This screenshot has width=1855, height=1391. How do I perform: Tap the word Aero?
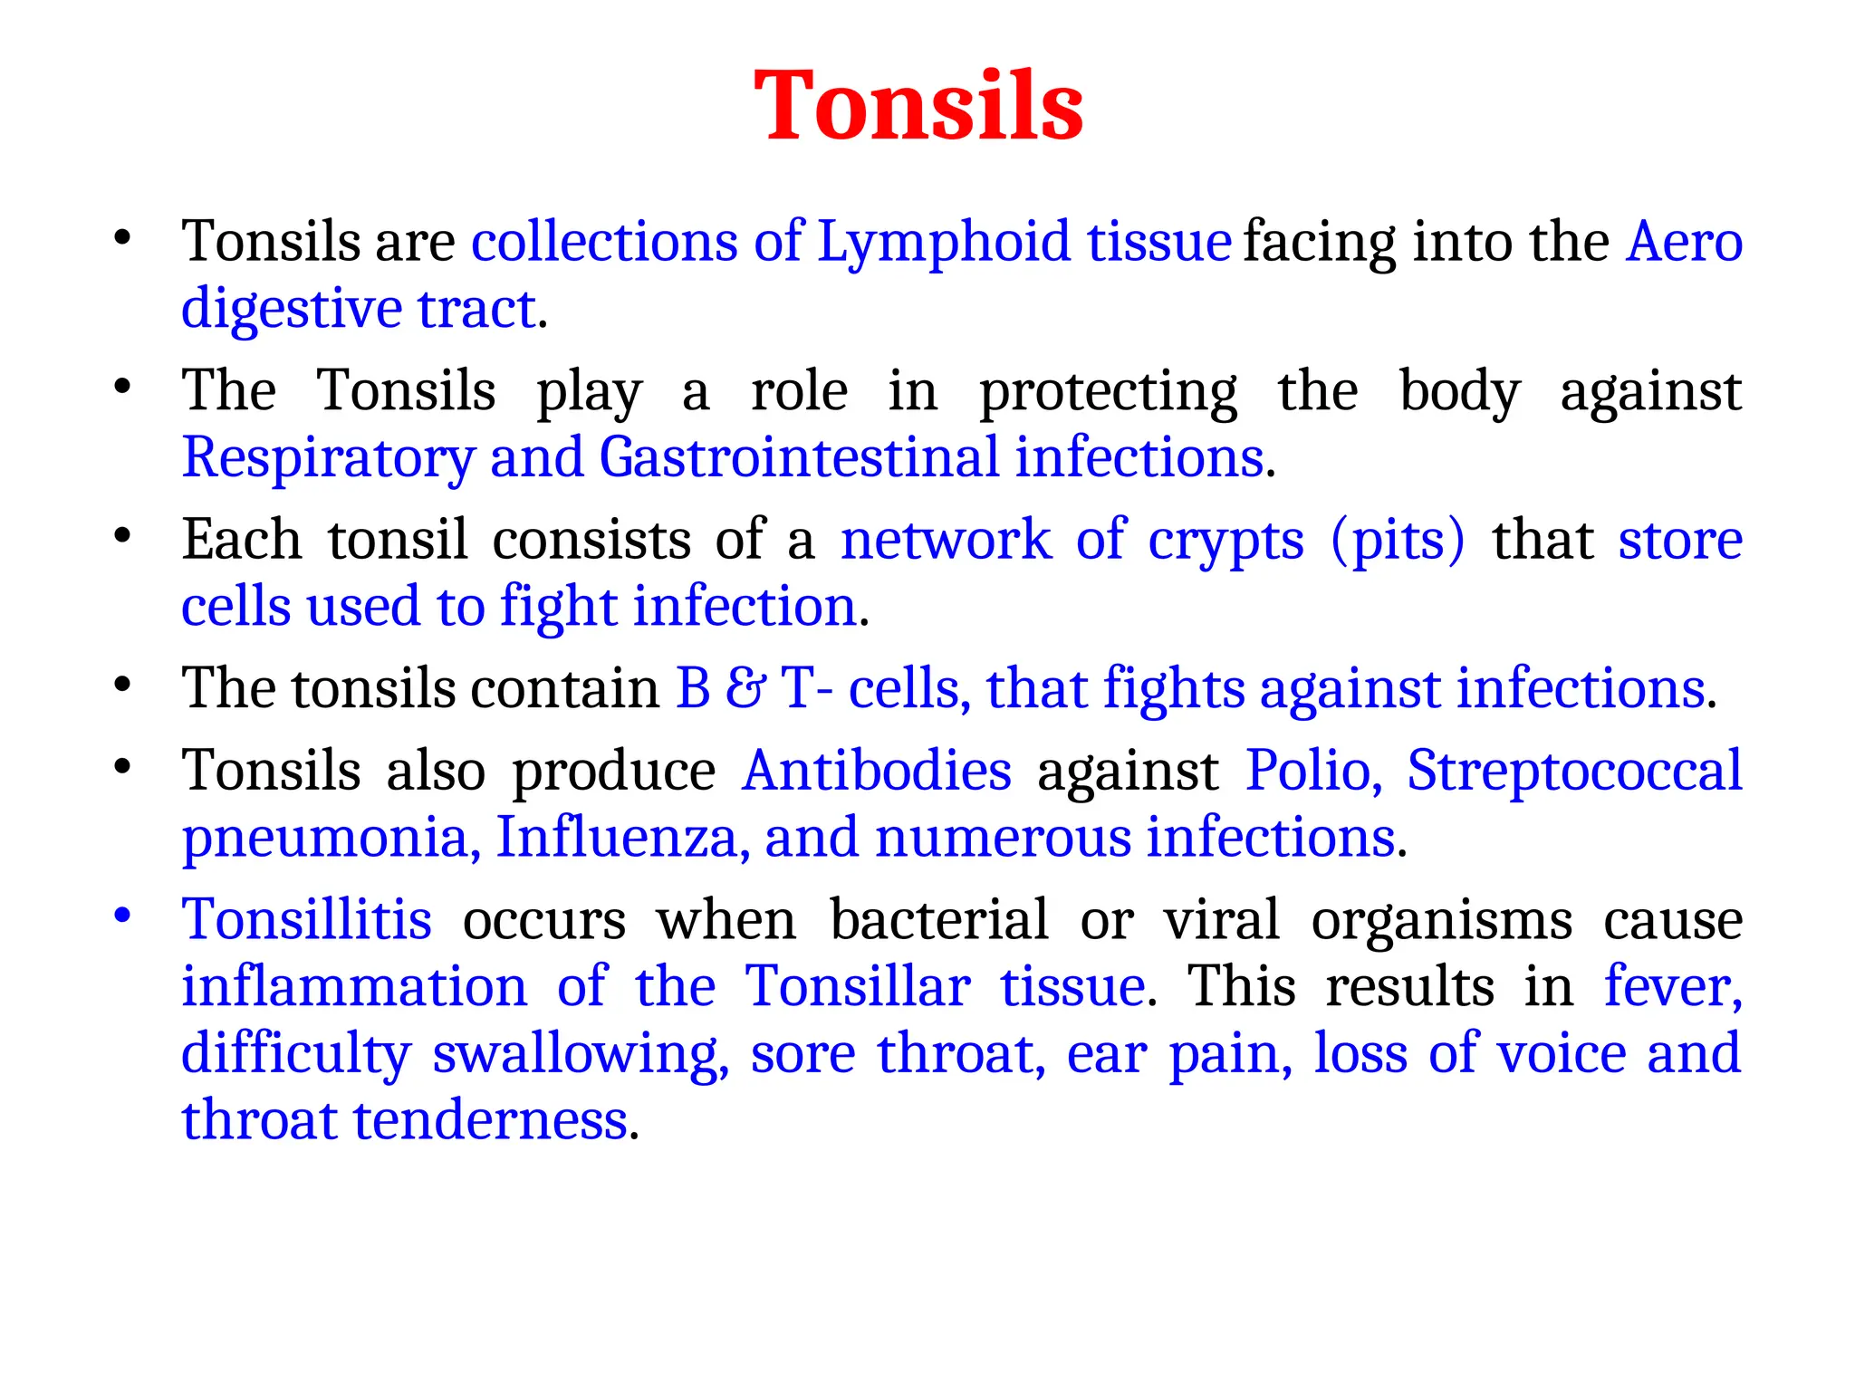1684,243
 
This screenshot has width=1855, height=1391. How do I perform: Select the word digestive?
291,310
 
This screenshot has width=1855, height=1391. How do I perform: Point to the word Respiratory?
328,458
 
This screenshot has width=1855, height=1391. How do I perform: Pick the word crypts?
1225,541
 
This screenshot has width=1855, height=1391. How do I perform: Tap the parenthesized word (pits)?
1398,541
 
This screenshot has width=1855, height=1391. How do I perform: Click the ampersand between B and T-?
745,688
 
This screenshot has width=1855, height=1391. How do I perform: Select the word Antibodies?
876,772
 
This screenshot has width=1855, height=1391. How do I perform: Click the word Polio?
1313,772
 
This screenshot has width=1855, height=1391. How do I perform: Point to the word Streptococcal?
1574,772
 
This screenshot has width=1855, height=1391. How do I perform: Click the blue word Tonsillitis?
307,920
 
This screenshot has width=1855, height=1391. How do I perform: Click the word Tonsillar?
857,986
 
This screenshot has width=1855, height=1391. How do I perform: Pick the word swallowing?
581,1054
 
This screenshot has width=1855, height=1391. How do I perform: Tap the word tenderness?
490,1121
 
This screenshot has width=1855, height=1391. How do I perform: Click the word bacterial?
939,920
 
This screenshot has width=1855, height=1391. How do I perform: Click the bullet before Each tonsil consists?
122,535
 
